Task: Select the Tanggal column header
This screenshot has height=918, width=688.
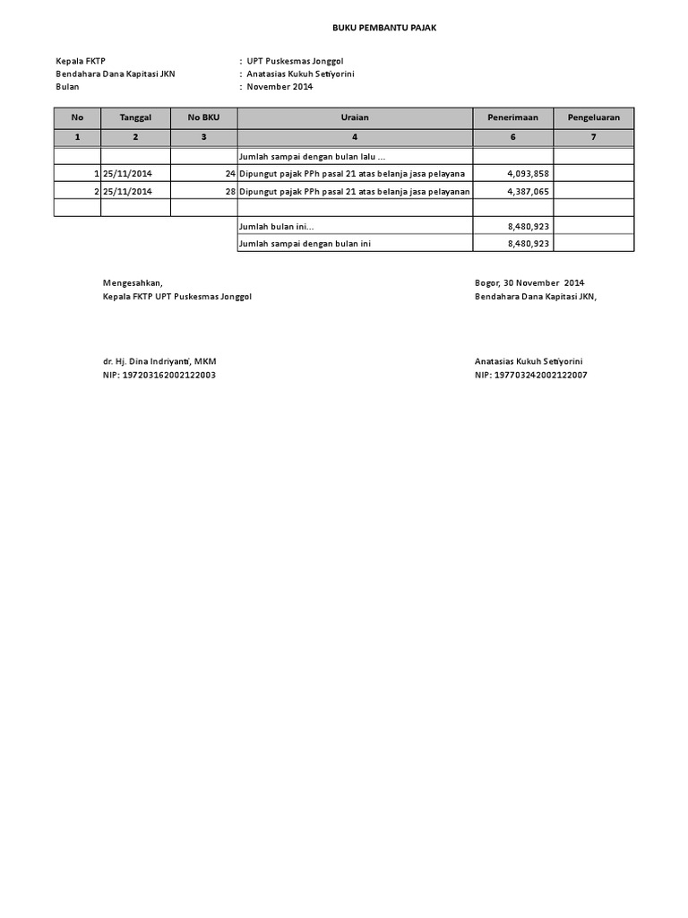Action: [135, 117]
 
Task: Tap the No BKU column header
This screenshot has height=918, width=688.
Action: [203, 117]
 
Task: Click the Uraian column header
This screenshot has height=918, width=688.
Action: [355, 117]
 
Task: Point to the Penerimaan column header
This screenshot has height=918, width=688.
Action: [512, 117]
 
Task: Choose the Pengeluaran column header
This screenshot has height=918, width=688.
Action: [593, 117]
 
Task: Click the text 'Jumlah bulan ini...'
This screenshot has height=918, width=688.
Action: [276, 227]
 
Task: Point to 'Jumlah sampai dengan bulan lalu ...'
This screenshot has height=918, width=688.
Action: [311, 156]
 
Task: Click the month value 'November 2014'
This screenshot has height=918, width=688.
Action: [279, 87]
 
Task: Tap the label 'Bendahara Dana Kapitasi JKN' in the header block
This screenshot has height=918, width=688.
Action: [116, 74]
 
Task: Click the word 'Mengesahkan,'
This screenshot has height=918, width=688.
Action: [133, 283]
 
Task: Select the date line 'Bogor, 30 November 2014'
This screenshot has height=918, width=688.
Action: [529, 283]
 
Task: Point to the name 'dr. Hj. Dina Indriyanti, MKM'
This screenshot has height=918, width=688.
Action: [159, 361]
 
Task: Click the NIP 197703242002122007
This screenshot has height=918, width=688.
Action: [530, 375]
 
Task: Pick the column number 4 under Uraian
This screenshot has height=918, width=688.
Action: [355, 137]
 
